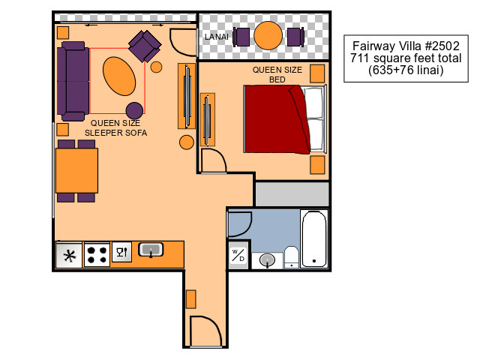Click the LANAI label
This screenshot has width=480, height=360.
[x=217, y=37]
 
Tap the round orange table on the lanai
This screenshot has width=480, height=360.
[x=268, y=35]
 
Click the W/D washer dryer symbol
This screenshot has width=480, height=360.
[x=238, y=255]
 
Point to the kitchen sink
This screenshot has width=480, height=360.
[x=151, y=250]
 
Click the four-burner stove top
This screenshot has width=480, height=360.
[x=97, y=254]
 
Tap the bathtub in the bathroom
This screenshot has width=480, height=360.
[x=314, y=238]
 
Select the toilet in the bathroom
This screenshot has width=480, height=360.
[x=292, y=257]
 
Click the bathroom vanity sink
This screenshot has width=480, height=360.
[x=267, y=260]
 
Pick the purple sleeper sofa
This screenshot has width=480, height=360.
[x=73, y=81]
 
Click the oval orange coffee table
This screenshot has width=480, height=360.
[x=119, y=76]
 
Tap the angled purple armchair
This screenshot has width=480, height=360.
[x=145, y=46]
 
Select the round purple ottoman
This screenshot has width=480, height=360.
[x=134, y=110]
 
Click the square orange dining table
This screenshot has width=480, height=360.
[x=76, y=170]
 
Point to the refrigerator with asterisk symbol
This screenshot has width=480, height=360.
[x=70, y=255]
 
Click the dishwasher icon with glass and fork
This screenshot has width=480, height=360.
[x=121, y=252]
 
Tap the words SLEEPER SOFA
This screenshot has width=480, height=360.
[x=115, y=133]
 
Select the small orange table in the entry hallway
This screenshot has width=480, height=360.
[x=190, y=299]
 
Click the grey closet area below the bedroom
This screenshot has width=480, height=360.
[x=292, y=194]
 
